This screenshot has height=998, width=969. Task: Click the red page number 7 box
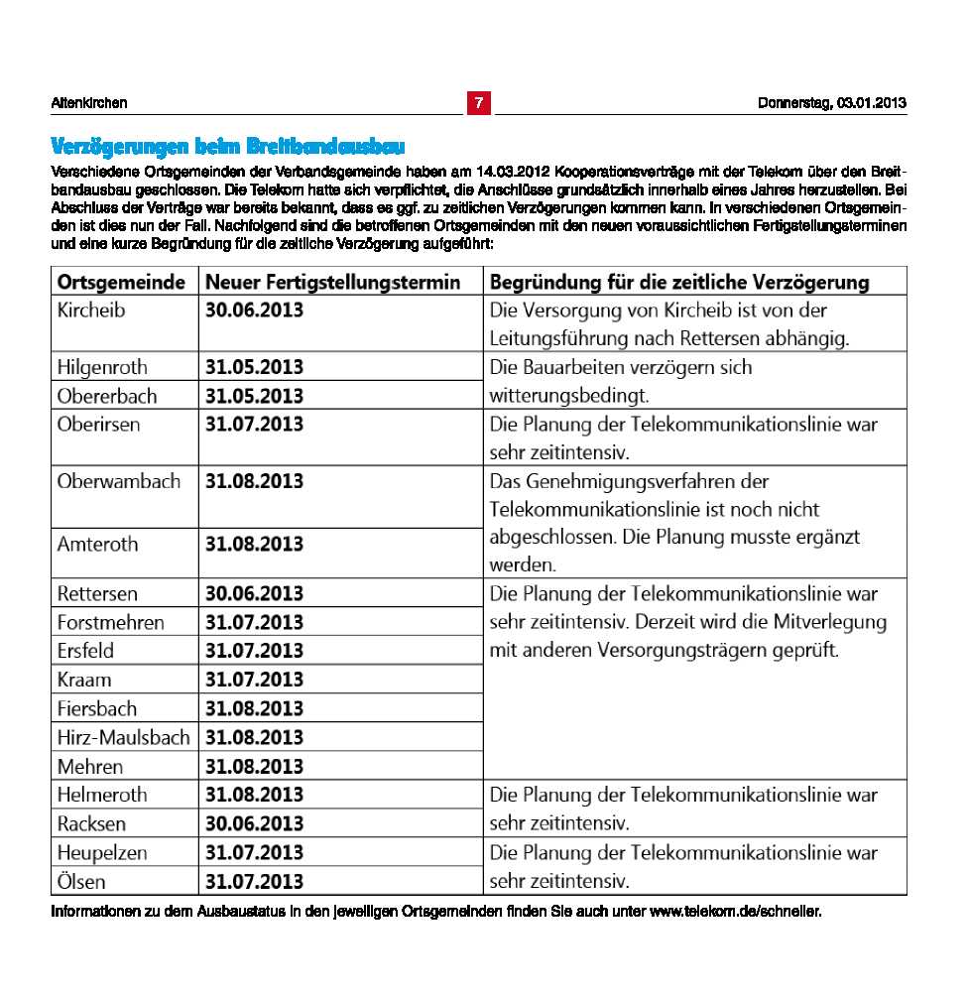478,103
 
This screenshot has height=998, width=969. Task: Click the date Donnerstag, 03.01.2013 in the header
831,103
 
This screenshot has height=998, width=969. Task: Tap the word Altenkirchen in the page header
89,103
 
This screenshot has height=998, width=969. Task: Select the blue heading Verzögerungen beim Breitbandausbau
228,147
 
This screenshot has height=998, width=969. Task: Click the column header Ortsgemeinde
121,283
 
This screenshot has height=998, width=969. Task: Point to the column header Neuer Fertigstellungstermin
332,283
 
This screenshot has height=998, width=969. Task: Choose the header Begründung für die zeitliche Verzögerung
679,283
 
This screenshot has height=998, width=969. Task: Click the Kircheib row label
91,311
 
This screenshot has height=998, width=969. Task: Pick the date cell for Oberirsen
254,425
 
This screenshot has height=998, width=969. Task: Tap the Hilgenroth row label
102,367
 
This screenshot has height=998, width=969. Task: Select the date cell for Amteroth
254,545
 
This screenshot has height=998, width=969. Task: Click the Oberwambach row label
119,482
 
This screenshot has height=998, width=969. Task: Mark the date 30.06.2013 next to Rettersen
254,594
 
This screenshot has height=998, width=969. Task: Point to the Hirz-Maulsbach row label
123,738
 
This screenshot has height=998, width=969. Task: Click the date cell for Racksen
254,823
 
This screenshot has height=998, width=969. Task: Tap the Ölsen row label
81,881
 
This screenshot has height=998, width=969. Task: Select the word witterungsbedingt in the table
568,396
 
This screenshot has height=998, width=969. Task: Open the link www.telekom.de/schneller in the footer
735,912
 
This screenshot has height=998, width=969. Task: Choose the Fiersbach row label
97,709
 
